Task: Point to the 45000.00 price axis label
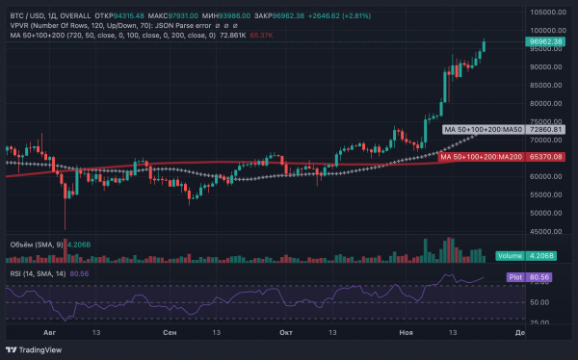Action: [545, 231]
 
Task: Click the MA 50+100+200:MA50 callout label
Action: [482, 128]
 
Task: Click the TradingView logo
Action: [30, 349]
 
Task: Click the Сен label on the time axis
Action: [170, 332]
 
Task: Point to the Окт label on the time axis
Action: [285, 332]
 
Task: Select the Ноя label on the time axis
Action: [405, 332]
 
